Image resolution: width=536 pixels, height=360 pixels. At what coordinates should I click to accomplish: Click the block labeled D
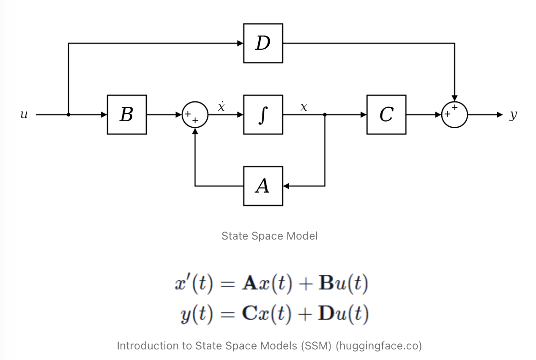pos(263,43)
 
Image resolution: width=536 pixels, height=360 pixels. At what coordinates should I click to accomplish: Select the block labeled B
pos(127,115)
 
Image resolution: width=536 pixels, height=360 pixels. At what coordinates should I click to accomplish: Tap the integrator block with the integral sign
pos(263,115)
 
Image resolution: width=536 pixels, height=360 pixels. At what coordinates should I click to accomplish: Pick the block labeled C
pos(386,115)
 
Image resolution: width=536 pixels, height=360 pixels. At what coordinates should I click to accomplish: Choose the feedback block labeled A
pos(263,186)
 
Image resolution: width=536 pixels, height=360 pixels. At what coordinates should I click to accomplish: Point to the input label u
pos(24,115)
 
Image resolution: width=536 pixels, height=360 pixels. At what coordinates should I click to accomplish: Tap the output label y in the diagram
pos(513,115)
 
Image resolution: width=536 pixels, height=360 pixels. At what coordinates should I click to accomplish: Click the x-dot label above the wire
pos(222,106)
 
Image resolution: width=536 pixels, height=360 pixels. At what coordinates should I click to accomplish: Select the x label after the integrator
pos(304,107)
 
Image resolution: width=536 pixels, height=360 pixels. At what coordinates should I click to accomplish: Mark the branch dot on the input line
pos(68,115)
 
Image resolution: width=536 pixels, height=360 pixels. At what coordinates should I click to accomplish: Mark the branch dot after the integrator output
pos(325,115)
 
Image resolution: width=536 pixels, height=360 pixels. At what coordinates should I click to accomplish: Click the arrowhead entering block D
pos(240,43)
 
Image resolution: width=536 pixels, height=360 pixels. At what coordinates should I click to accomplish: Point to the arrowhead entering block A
pos(286,186)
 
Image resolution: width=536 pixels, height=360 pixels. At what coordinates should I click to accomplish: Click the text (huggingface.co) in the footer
pos(379,346)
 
